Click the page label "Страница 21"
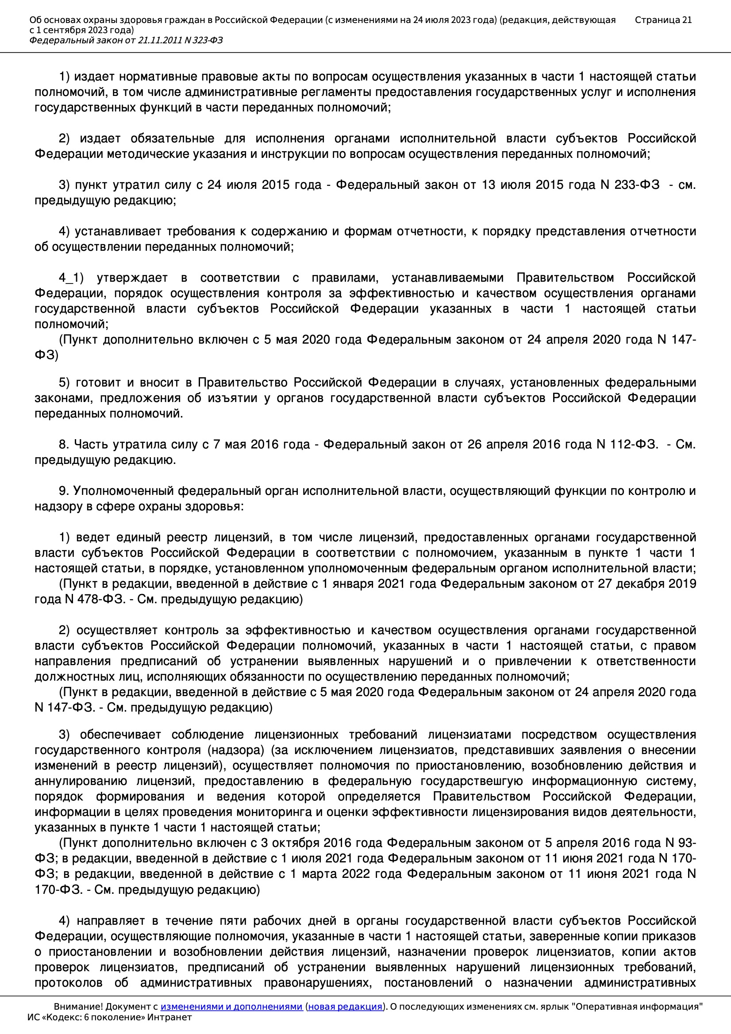(663, 20)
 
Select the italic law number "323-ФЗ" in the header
(208, 41)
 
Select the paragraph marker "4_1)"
(71, 278)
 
